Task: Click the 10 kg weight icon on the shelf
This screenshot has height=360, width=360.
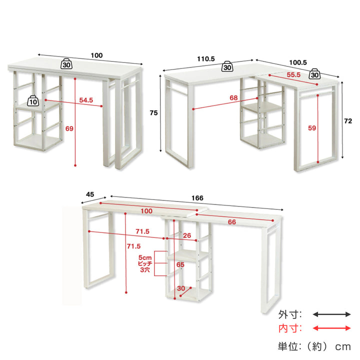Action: tap(33, 101)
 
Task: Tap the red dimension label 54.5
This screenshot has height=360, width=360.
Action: tap(86, 100)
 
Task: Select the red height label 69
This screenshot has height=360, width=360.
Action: tap(69, 128)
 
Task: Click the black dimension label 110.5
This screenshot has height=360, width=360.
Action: tap(206, 59)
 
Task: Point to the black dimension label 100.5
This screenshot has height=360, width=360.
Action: tap(298, 62)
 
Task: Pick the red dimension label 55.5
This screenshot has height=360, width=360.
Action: tap(293, 74)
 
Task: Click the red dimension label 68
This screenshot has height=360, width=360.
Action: tap(233, 98)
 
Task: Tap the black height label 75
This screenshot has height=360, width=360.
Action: tap(153, 112)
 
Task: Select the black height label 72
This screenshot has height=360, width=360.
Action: tap(348, 121)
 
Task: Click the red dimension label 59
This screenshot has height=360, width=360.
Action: tap(312, 128)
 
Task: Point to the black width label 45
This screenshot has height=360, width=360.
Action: tap(90, 194)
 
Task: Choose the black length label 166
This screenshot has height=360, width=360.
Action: tap(197, 198)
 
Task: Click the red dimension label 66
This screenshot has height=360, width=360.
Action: tap(232, 222)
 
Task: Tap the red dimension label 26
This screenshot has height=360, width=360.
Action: tap(187, 235)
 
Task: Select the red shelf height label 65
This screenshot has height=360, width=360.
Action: tap(180, 264)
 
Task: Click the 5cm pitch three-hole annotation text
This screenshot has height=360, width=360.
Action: tap(145, 263)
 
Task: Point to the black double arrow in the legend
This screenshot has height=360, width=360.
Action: tap(332, 314)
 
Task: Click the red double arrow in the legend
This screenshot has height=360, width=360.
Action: tap(332, 328)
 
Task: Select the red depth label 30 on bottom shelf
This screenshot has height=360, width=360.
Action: tap(181, 288)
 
